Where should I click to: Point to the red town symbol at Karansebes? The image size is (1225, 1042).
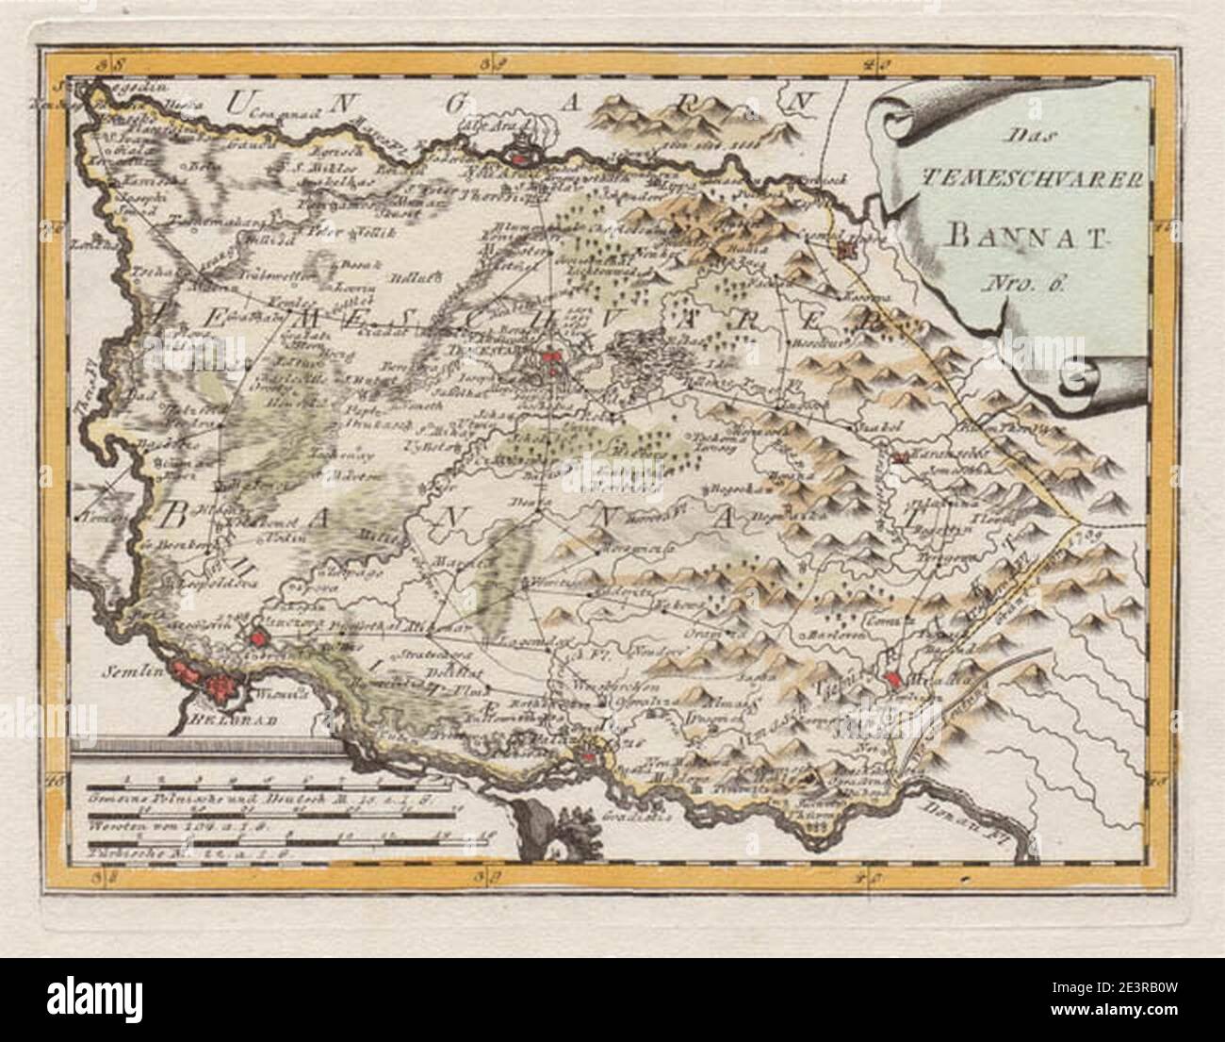tap(901, 458)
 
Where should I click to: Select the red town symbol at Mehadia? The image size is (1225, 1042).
tap(895, 681)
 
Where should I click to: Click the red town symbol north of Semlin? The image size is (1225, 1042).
tap(255, 639)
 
